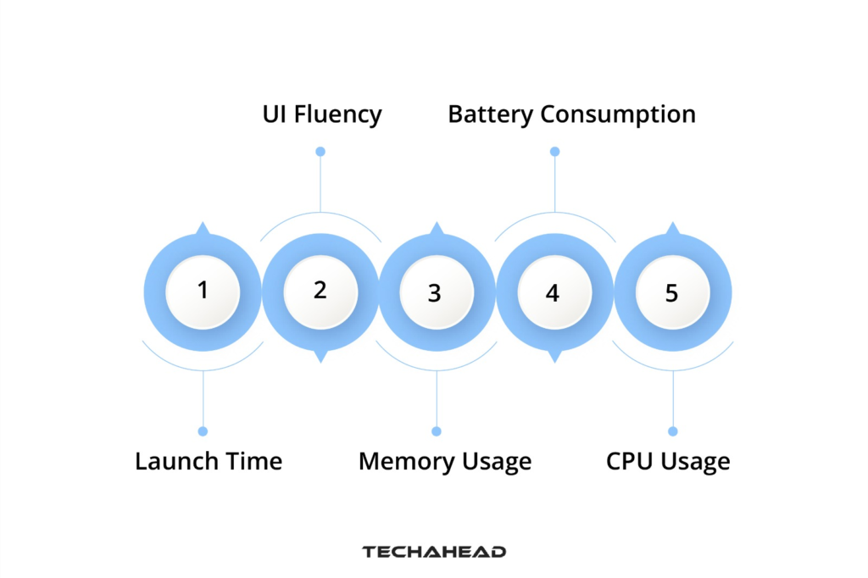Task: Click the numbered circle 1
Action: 203,292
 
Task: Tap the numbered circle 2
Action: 320,292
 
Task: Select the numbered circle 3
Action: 436,292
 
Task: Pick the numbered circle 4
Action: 554,292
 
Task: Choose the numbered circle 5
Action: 672,292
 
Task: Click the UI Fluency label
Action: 322,114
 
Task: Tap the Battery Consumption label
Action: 571,114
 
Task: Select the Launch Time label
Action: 209,462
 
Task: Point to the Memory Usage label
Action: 445,462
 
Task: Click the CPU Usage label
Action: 668,462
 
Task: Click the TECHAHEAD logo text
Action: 434,552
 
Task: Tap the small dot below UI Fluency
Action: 320,152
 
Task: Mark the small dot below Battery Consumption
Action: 554,152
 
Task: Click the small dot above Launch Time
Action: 203,431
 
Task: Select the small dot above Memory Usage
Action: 437,431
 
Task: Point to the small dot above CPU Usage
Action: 673,431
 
